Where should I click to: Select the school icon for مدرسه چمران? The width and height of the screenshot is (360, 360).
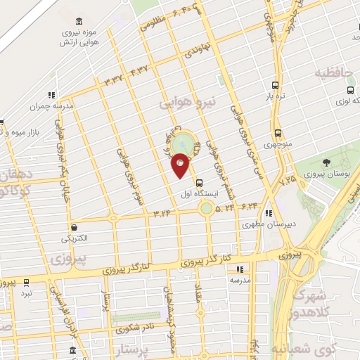coord(51,95)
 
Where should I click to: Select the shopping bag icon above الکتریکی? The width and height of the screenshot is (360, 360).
coord(74,227)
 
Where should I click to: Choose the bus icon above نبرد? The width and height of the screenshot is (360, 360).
coord(27,282)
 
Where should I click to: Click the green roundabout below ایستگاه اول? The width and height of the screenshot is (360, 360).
coord(206,208)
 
